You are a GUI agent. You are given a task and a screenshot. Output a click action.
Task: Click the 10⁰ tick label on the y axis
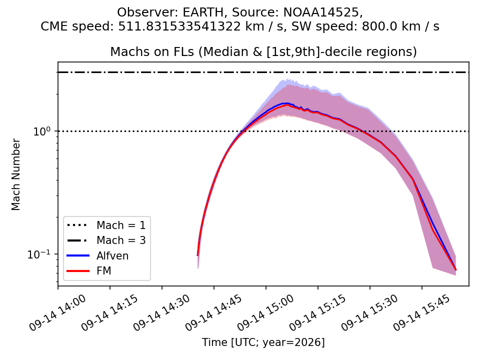(x=41, y=131)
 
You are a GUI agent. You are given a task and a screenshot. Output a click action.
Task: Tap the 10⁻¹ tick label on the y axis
(x=39, y=254)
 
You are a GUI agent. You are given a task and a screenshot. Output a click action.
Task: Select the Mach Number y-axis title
(x=15, y=174)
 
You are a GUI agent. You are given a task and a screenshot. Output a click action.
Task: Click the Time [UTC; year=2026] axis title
(x=263, y=342)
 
